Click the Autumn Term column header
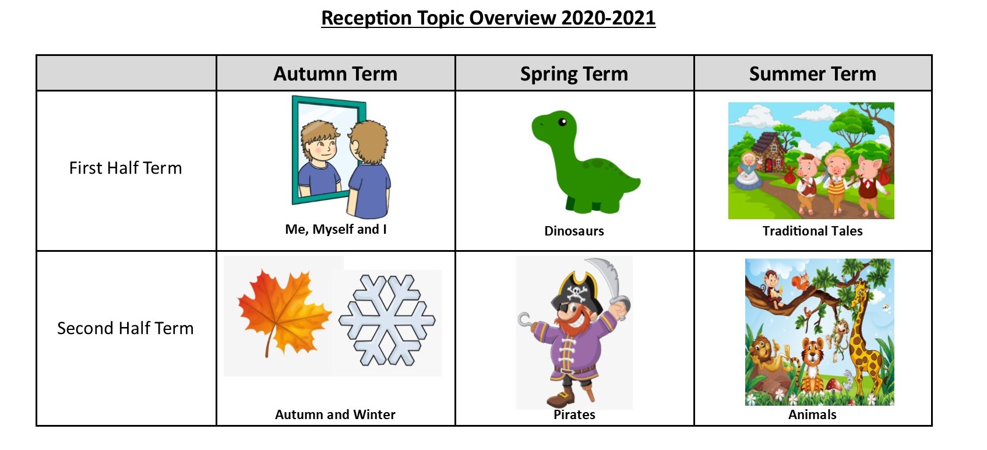click(x=336, y=73)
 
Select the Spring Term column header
click(x=574, y=74)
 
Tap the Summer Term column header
click(x=813, y=73)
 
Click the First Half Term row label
click(x=126, y=168)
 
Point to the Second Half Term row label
click(x=126, y=328)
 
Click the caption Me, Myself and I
click(x=336, y=230)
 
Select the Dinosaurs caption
click(x=574, y=231)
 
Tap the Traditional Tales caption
click(x=813, y=231)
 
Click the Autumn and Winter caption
click(x=336, y=414)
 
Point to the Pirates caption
click(x=574, y=414)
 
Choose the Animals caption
click(x=812, y=414)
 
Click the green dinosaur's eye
click(x=563, y=122)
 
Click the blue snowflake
click(x=387, y=321)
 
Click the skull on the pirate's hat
click(x=576, y=291)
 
